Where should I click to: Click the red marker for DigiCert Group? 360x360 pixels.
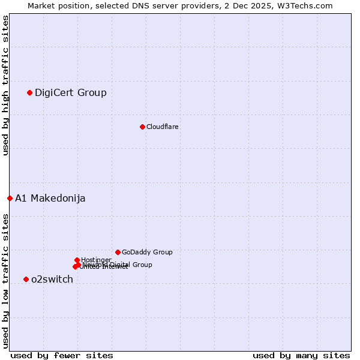point(29,92)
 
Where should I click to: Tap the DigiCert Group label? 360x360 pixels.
point(71,92)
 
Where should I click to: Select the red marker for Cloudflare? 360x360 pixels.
point(142,127)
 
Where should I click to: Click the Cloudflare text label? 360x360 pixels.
point(162,127)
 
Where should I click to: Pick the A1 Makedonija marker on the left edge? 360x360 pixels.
point(10,198)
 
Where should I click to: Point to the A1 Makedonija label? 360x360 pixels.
point(50,198)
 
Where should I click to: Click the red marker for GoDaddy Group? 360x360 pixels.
point(118,252)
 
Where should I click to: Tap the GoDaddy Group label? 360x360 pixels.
point(147,252)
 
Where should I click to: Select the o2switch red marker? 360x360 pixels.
point(26,279)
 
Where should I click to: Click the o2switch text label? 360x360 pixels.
point(52,279)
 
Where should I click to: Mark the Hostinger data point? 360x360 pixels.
point(77,260)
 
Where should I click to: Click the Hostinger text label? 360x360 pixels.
point(96,260)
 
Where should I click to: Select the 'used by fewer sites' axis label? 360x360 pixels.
point(62,355)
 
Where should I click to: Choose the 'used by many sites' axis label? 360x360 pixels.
point(301,355)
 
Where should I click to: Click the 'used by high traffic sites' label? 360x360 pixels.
point(5,85)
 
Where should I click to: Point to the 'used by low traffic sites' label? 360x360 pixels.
point(5,280)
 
